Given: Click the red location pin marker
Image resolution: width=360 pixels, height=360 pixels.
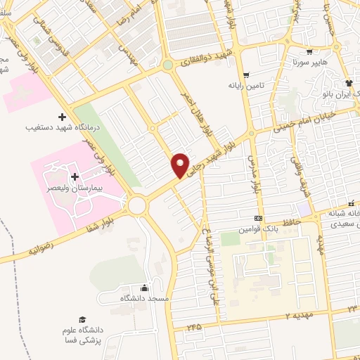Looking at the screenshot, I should click(181, 165).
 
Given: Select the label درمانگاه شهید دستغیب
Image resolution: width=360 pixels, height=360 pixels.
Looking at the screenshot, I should click(61, 129).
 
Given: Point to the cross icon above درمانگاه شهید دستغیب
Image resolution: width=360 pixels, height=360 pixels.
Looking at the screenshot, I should click(62, 116).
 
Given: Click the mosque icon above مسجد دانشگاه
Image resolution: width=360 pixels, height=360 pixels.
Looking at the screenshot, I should click(144, 288).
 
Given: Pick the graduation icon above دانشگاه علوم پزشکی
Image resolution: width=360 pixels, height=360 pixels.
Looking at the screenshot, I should click(82, 319).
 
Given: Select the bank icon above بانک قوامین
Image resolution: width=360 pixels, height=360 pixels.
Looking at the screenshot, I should click(258, 218).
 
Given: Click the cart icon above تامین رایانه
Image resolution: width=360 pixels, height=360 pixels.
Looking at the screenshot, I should click(245, 75).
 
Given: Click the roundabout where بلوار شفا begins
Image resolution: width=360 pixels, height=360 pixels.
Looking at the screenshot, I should click(136, 205).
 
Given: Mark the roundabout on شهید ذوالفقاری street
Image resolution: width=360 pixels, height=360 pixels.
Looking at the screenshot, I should click(167, 65).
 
